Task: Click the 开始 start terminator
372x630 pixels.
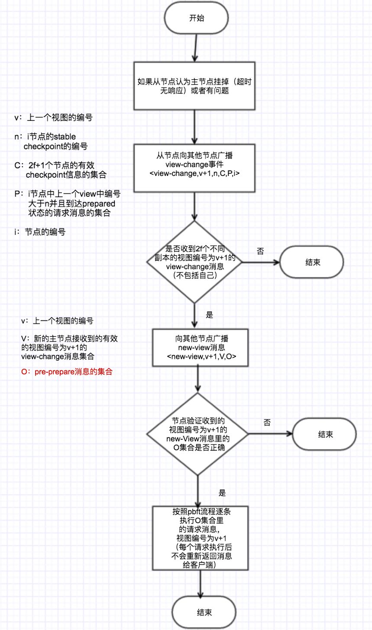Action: (x=196, y=18)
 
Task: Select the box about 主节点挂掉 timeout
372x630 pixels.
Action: (x=194, y=86)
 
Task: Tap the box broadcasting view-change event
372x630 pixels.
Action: (x=194, y=168)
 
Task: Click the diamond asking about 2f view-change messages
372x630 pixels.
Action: (x=195, y=262)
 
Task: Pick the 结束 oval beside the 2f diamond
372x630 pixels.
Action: (x=312, y=262)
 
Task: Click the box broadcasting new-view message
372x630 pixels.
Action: (x=201, y=348)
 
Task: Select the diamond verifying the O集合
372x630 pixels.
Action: (x=197, y=434)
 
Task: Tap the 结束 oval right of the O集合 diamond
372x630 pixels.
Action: (x=325, y=435)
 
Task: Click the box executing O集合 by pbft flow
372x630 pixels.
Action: (x=201, y=538)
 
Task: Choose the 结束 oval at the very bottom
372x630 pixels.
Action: (x=204, y=612)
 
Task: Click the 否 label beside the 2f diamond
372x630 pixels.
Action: (x=260, y=251)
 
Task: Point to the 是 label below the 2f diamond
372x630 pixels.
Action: (x=210, y=315)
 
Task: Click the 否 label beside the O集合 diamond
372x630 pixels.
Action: (x=267, y=422)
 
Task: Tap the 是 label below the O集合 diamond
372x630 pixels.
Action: (x=222, y=493)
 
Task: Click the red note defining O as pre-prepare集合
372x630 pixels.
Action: (x=67, y=371)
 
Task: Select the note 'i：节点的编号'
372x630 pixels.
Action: (x=40, y=232)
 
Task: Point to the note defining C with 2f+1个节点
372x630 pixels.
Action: (x=61, y=170)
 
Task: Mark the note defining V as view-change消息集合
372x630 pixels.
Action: (x=69, y=347)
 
